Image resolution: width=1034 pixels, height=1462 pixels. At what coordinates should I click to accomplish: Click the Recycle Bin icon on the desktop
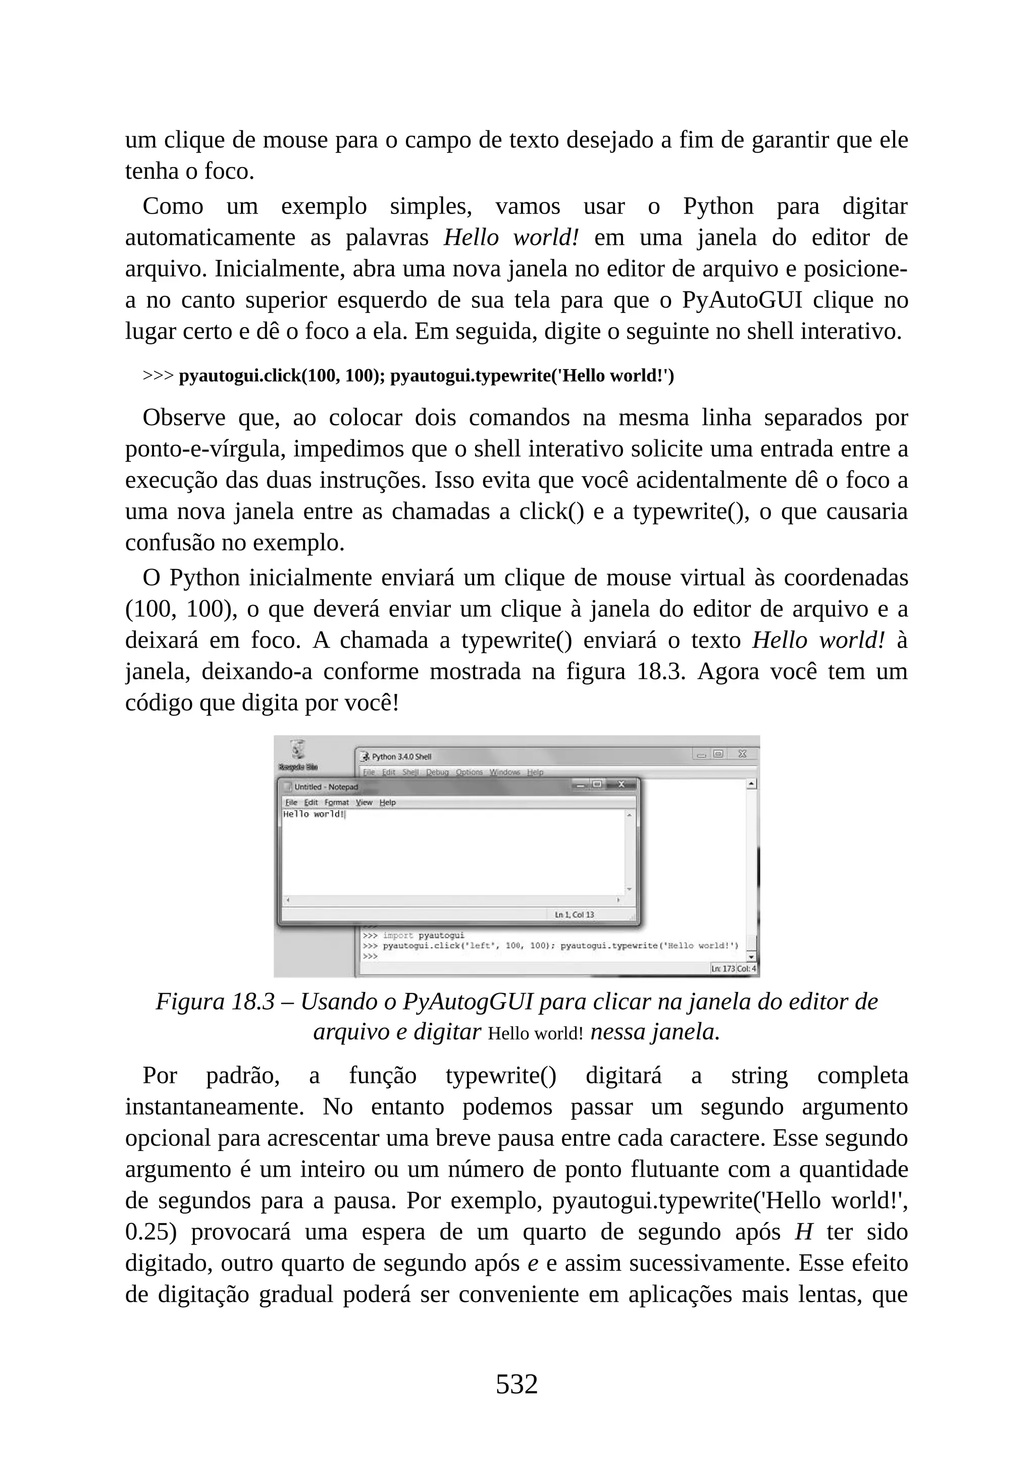coord(297,751)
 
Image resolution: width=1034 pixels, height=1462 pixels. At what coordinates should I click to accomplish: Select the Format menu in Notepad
coord(336,802)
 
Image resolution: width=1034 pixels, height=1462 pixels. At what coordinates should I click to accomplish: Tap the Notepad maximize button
coord(597,785)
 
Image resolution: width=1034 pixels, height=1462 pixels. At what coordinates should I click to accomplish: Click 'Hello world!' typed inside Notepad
coord(313,814)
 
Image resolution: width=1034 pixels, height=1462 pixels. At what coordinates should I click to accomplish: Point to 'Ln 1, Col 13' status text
coord(574,914)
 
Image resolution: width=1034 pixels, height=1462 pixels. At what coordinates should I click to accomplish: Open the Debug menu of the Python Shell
coord(437,772)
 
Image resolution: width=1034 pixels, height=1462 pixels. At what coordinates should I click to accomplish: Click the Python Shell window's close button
coord(742,754)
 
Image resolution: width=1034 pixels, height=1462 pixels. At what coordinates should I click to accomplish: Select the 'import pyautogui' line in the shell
coord(423,935)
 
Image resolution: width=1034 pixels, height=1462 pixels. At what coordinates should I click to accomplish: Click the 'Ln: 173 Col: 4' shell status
coord(734,968)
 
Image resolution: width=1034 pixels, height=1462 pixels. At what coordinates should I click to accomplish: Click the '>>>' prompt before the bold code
coord(158,376)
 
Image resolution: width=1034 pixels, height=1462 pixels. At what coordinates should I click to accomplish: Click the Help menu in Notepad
coord(387,802)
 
